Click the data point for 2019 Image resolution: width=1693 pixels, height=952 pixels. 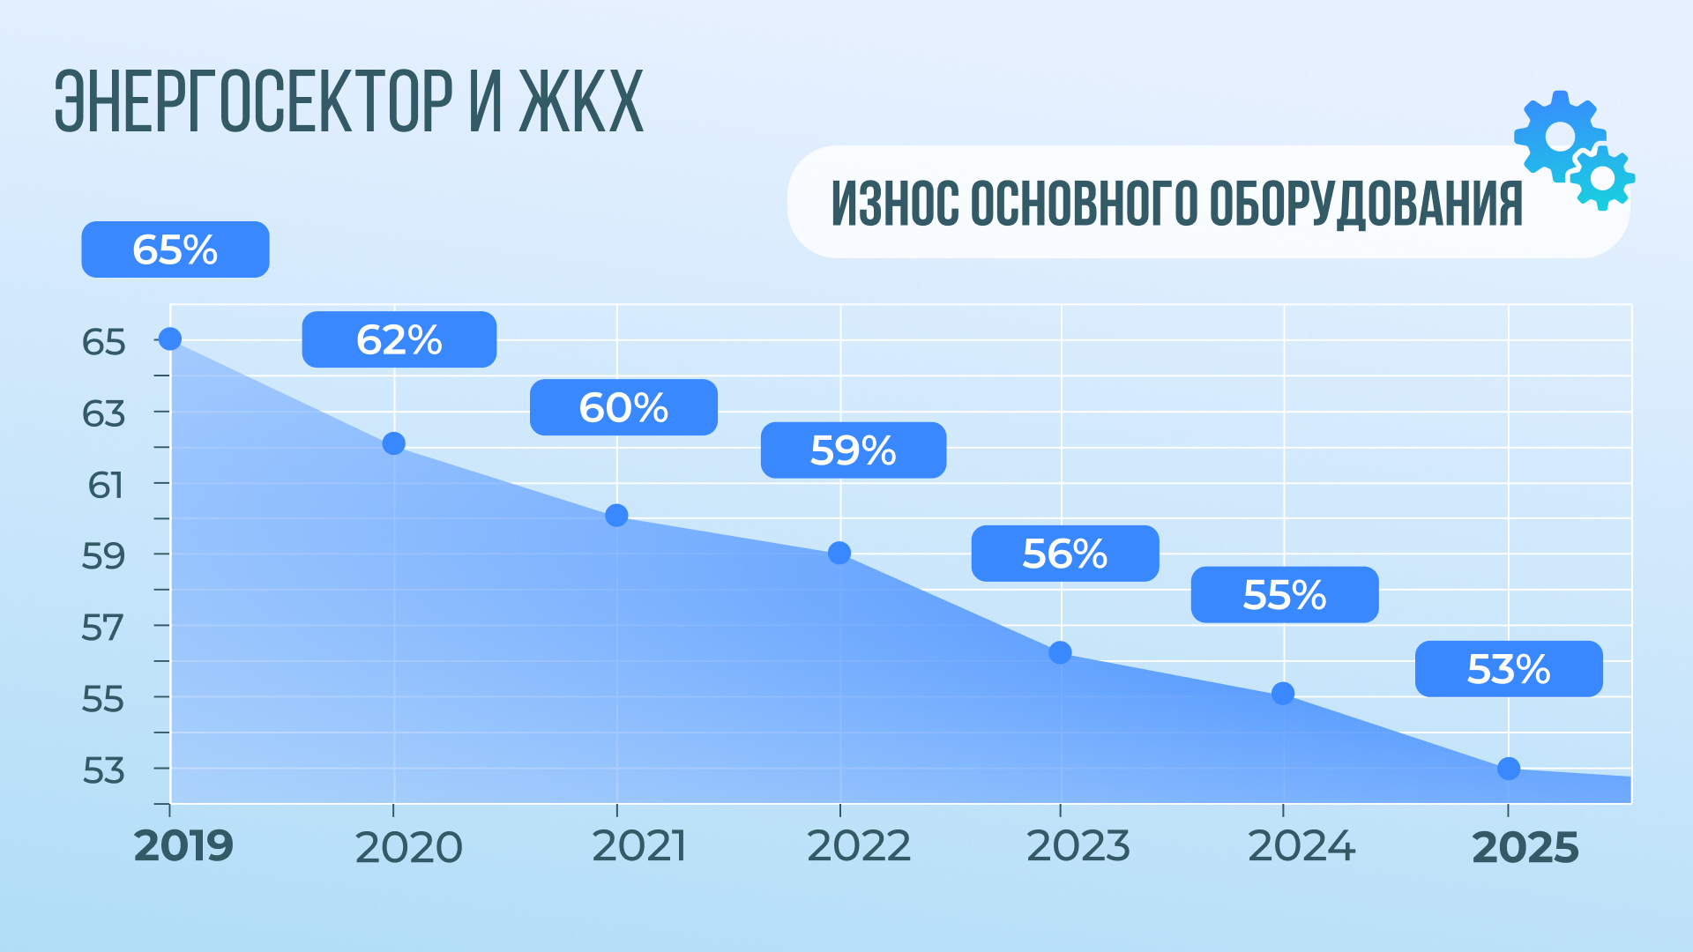point(169,338)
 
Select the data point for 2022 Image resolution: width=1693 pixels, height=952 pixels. point(839,553)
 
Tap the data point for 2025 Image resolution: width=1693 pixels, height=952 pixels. point(1508,769)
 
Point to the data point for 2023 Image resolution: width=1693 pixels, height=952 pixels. point(1060,652)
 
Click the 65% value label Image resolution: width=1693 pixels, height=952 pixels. point(175,249)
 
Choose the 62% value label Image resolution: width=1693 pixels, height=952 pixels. point(399,339)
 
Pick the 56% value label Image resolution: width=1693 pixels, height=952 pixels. point(1064,554)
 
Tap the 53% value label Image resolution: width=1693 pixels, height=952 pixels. point(1508,669)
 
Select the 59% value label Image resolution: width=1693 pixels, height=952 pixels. point(853,450)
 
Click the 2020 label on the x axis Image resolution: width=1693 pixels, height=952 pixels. point(408,848)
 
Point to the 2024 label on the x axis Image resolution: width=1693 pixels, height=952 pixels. point(1301,847)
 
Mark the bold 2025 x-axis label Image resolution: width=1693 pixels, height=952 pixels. point(1525,848)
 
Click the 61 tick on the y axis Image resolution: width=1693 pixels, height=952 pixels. point(106,485)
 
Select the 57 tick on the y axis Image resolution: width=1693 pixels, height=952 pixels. point(103,628)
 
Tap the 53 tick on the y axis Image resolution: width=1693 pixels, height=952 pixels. point(104,770)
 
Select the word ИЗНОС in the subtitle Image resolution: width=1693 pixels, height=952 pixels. point(894,203)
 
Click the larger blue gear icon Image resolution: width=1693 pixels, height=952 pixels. point(1559,136)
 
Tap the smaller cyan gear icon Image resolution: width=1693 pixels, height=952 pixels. point(1602,178)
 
